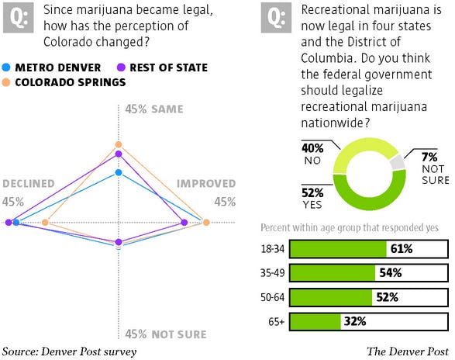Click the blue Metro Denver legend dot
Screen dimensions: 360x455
click(7, 67)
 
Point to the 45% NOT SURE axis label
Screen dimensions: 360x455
click(166, 334)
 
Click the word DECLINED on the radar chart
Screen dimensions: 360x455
click(29, 184)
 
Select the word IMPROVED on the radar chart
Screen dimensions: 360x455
click(207, 184)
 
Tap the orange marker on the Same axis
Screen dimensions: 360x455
click(119, 145)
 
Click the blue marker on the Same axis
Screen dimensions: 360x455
click(119, 172)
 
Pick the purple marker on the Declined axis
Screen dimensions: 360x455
click(9, 223)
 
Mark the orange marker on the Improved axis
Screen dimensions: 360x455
click(206, 223)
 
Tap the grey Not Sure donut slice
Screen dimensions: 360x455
click(398, 161)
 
